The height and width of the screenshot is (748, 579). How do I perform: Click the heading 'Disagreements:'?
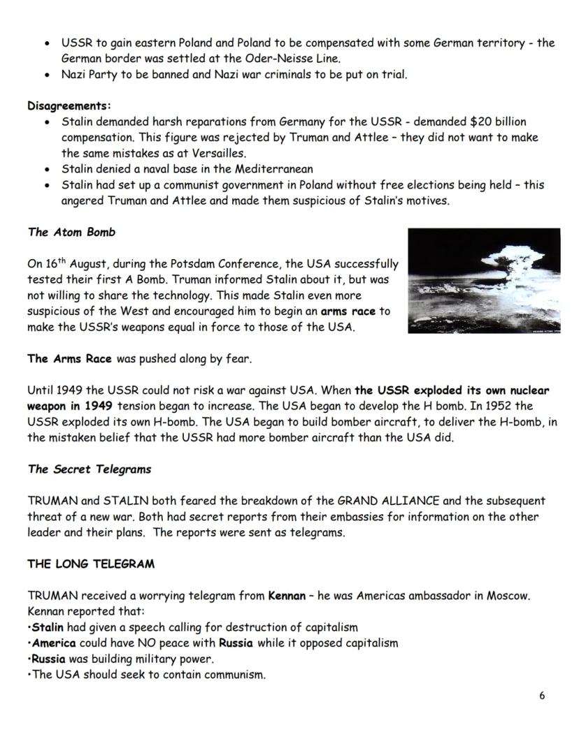[x=69, y=106]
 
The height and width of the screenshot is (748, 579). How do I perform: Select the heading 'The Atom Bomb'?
[x=71, y=232]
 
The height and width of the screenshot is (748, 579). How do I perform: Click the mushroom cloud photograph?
[x=483, y=279]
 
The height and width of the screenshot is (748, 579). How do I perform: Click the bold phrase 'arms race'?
[x=348, y=311]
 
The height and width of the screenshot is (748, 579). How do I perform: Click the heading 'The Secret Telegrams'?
[x=89, y=469]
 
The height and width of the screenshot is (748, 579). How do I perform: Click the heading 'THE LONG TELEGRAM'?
[x=91, y=564]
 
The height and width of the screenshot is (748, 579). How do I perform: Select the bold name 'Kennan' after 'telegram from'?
[x=287, y=596]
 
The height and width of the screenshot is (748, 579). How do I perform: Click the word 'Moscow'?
[x=510, y=596]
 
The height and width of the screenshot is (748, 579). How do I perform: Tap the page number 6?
[x=542, y=696]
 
